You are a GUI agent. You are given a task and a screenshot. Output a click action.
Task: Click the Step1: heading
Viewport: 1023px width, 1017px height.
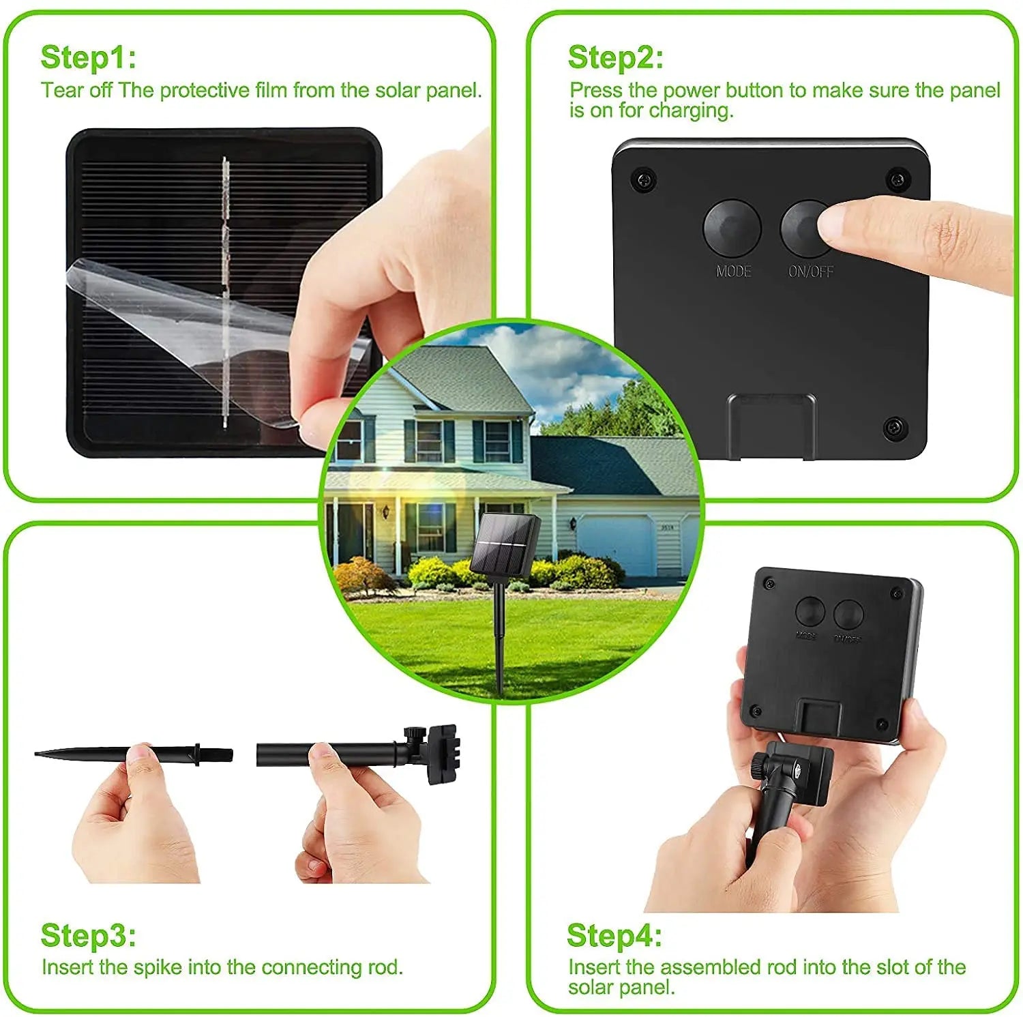click(88, 57)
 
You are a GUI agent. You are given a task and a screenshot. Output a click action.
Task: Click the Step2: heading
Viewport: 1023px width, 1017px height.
click(615, 57)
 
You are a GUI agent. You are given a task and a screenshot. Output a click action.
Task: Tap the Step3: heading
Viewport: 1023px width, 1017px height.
click(88, 935)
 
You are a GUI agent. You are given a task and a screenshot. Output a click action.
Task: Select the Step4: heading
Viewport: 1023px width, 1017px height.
click(614, 935)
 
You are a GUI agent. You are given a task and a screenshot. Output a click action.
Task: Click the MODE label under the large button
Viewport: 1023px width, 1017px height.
click(733, 271)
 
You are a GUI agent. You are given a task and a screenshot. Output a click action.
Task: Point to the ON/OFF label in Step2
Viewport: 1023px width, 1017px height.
click(810, 271)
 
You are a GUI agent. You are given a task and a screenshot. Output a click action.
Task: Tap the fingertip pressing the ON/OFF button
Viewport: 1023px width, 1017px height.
click(835, 224)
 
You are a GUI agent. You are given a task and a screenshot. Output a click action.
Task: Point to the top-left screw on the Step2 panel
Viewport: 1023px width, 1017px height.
click(644, 179)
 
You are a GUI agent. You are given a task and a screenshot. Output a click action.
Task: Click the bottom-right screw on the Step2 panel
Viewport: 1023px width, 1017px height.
click(895, 428)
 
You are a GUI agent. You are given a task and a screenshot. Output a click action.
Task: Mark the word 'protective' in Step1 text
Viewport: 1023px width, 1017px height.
click(205, 91)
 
